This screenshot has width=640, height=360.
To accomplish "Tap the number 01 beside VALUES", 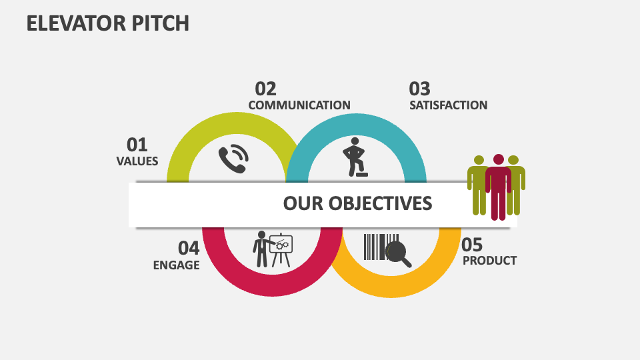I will coord(137,145).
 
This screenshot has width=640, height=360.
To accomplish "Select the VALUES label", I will coord(137,161).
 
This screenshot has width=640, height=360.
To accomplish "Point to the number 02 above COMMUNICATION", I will coord(265,89).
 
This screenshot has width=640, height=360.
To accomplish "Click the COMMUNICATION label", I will coord(299,105).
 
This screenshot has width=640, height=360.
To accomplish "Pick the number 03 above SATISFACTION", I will coord(419,89).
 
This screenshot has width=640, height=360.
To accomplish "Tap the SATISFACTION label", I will coord(448,105).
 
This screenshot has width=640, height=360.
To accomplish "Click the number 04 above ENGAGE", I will coord(189,248).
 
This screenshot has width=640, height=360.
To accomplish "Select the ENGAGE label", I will coord(176,265).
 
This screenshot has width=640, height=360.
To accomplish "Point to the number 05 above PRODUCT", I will coord(472,244).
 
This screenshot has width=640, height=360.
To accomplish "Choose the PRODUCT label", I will coord(489,261).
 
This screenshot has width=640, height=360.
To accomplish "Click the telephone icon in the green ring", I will coord(233,160).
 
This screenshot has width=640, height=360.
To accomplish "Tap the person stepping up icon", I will coord(354,157).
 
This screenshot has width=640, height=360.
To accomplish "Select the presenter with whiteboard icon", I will coord(273,249).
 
